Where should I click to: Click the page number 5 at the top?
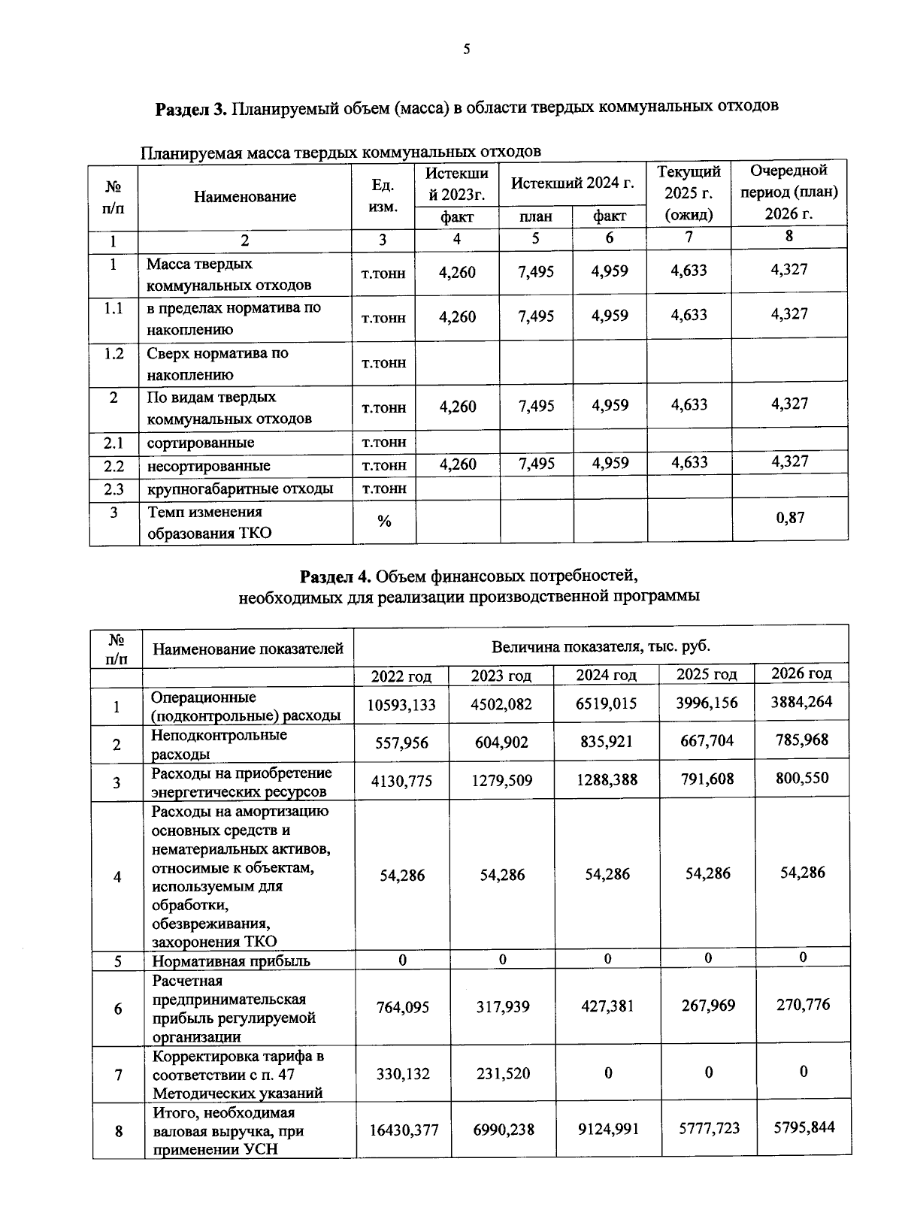coord(466,50)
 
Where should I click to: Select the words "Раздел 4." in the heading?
coord(335,576)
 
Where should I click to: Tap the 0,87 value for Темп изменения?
coord(790,517)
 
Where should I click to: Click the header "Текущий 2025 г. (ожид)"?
coord(689,193)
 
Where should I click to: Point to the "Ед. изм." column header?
coord(383,195)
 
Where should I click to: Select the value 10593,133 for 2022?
coord(401,705)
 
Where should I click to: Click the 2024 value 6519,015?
coord(607,703)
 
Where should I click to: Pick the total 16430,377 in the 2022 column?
coord(404,1130)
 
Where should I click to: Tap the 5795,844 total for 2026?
coord(804,1127)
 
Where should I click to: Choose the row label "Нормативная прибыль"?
coord(231,960)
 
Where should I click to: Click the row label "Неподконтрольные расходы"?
coord(219,744)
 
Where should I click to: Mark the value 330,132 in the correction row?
coord(403,1073)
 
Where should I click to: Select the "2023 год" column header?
coord(501,676)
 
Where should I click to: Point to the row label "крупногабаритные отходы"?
coord(240,489)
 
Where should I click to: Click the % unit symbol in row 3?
coord(384,521)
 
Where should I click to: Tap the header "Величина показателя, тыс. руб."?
coord(601,646)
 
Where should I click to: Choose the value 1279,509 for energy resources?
coord(502,781)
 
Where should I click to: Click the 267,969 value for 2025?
coord(708,1005)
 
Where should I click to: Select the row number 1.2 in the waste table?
coord(114,353)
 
